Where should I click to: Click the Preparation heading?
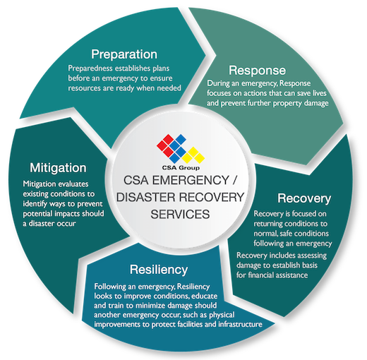pyautogui.click(x=124, y=54)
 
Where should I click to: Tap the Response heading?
pyautogui.click(x=258, y=71)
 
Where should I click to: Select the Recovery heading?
pyautogui.click(x=304, y=199)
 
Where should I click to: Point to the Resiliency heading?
pyautogui.click(x=159, y=270)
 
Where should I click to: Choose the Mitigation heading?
pyautogui.click(x=58, y=169)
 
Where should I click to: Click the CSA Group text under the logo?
pyautogui.click(x=181, y=168)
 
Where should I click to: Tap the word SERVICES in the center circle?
pyautogui.click(x=180, y=214)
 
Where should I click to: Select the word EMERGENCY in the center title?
pyautogui.click(x=191, y=181)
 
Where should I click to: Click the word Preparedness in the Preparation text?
pyautogui.click(x=90, y=68)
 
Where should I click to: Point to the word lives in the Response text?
pyautogui.click(x=320, y=93)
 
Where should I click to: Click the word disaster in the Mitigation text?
pyautogui.click(x=42, y=224)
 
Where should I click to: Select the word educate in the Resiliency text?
pyautogui.click(x=204, y=296)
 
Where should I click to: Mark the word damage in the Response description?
pyautogui.click(x=316, y=103)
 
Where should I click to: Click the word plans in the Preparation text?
pyautogui.click(x=161, y=68)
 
